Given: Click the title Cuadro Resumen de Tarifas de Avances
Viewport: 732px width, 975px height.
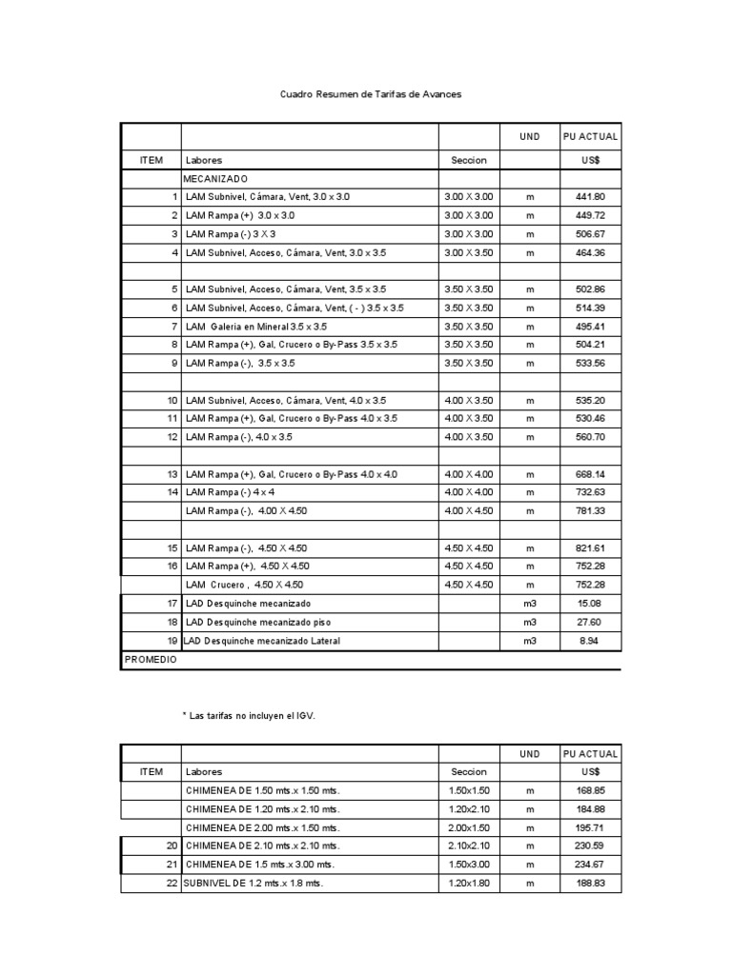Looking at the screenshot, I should click(x=371, y=95).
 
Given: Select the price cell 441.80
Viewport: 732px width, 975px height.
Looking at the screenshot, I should click(x=590, y=197).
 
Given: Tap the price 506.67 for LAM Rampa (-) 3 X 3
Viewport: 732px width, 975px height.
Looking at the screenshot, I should click(x=590, y=234).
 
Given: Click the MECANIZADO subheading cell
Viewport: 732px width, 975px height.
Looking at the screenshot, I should click(x=217, y=179).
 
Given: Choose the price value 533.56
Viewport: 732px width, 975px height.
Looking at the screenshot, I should click(x=590, y=364).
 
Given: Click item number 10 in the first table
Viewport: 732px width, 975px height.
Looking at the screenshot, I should click(x=173, y=401).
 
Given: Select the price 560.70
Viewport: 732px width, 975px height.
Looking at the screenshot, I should click(x=590, y=437).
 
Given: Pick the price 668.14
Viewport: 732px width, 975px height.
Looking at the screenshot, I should click(x=590, y=474).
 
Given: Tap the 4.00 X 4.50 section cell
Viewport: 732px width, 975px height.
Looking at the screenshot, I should click(x=469, y=511).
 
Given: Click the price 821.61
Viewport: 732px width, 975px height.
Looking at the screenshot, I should click(x=590, y=548).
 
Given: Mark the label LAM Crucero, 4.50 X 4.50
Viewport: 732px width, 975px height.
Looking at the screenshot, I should click(x=245, y=585).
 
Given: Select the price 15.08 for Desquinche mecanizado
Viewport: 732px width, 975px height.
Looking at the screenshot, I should click(x=590, y=604).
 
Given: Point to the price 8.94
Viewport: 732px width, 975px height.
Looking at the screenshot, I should click(x=590, y=641).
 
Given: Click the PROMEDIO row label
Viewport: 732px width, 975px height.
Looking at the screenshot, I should click(x=150, y=659).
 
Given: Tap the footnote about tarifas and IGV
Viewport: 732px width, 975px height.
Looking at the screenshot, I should click(x=248, y=714).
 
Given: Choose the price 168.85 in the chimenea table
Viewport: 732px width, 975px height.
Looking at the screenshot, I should click(x=590, y=790).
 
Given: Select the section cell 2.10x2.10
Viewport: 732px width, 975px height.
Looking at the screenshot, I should click(x=468, y=846).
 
